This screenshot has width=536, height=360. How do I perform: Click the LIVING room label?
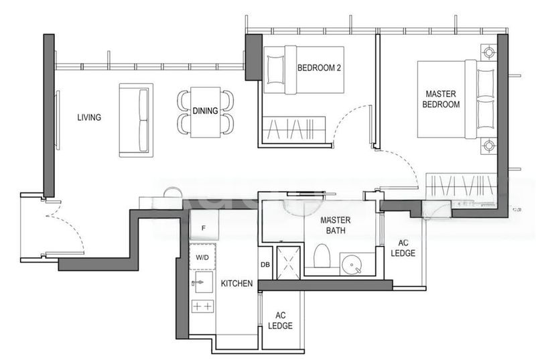click(x=89, y=117)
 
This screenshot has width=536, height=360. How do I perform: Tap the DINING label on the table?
click(x=205, y=111)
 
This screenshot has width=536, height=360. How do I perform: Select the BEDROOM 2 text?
click(x=319, y=68)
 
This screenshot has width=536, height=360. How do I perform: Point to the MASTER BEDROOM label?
click(x=441, y=99)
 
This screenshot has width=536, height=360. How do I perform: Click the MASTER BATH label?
click(x=336, y=225)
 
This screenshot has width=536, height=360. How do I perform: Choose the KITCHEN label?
click(x=237, y=284)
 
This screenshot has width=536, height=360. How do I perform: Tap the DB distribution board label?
click(x=265, y=265)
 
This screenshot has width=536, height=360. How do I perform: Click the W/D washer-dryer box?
click(x=202, y=256)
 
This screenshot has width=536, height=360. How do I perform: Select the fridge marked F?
click(x=204, y=225)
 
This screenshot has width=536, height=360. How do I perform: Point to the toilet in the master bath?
click(x=322, y=255)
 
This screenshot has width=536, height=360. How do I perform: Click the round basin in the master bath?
click(x=352, y=265)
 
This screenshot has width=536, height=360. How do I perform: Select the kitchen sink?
click(x=203, y=282)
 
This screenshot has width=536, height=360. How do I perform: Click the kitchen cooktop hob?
click(x=203, y=306)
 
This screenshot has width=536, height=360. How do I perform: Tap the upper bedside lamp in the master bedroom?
click(x=488, y=52)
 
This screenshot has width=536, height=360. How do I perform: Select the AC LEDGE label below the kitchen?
click(x=280, y=320)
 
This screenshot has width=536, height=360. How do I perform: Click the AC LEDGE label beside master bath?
click(x=403, y=248)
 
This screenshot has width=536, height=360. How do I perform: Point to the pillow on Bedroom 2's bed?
click(x=275, y=70)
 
